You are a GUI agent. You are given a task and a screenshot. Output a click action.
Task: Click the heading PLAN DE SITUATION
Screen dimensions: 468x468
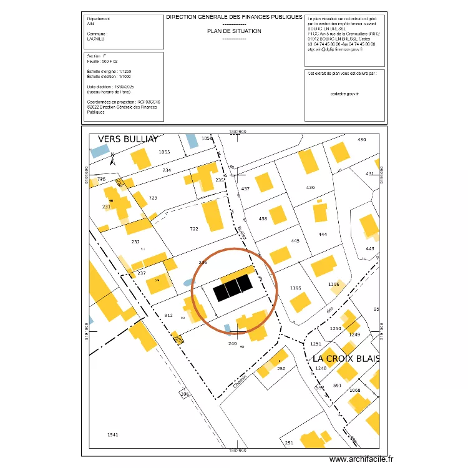(x=234, y=31)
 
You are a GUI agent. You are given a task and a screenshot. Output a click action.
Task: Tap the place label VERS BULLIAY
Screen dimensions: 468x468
(x=128, y=139)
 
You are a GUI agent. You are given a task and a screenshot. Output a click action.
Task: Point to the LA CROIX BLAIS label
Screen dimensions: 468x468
(x=346, y=359)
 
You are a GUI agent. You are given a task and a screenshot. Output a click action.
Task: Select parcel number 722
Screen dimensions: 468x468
(x=193, y=229)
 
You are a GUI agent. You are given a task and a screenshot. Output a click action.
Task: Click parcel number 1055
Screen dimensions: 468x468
(x=164, y=152)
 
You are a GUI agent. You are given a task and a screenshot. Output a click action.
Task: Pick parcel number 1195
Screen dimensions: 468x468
(x=296, y=288)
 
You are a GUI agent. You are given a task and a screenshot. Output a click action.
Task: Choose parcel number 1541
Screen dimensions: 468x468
(x=112, y=434)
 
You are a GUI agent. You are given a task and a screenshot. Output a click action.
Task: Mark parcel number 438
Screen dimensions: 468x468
(x=263, y=218)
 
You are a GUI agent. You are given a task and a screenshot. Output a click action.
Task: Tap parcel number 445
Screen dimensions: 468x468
(x=295, y=241)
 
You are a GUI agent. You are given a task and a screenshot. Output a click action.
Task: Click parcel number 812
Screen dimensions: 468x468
(x=168, y=315)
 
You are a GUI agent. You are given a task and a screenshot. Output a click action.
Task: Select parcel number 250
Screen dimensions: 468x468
(x=281, y=369)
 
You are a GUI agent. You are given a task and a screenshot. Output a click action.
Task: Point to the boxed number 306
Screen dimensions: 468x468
(x=184, y=394)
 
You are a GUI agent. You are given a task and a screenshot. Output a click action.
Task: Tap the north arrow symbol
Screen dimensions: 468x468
(x=112, y=159)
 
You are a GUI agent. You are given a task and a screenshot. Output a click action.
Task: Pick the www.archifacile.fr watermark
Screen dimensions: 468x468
(x=362, y=459)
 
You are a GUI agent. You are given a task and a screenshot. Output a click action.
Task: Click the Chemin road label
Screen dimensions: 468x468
(x=241, y=380)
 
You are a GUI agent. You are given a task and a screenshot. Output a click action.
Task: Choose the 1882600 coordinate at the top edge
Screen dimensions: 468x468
(x=238, y=132)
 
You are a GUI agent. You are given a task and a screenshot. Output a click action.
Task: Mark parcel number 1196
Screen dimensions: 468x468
(x=334, y=285)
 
